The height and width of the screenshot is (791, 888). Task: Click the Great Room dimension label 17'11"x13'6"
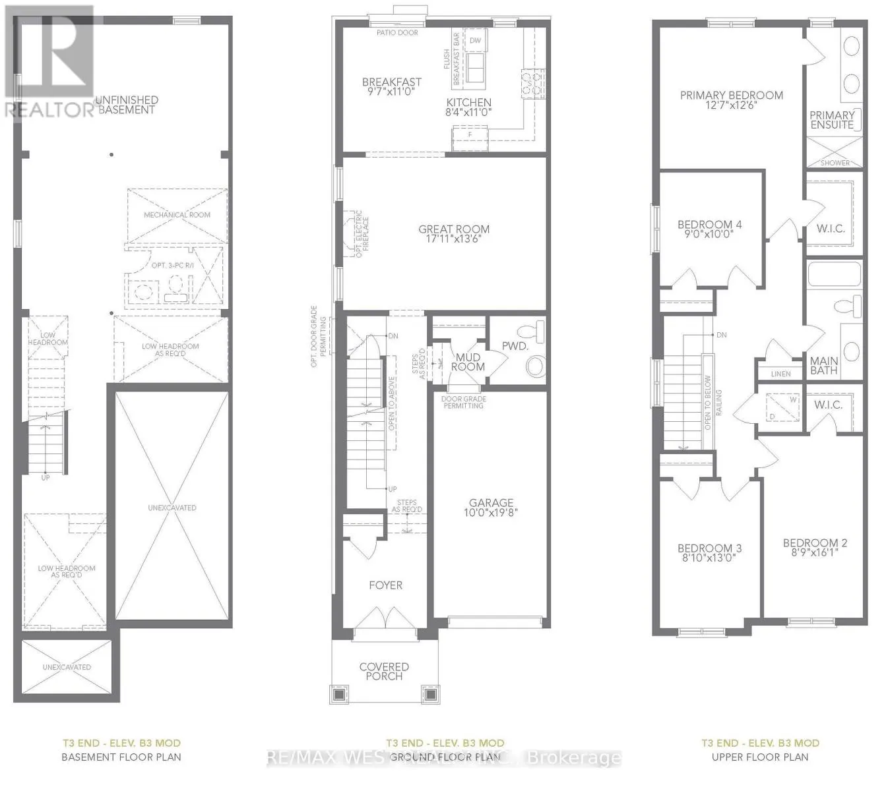(x=454, y=239)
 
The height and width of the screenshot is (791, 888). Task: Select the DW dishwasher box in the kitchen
(x=475, y=40)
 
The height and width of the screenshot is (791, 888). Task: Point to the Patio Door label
(x=397, y=32)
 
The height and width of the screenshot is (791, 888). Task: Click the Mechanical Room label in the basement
(x=177, y=215)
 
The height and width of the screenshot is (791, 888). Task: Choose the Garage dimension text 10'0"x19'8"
(x=491, y=512)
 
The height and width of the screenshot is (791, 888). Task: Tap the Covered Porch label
(x=384, y=671)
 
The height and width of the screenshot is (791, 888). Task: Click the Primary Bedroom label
(x=731, y=96)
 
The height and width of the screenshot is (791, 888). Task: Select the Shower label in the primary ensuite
(x=835, y=163)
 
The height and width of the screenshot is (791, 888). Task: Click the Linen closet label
(x=780, y=374)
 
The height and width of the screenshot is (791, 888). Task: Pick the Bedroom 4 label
(x=709, y=225)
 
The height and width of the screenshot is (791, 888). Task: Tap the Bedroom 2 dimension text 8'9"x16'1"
(x=815, y=553)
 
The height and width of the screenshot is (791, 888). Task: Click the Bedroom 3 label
(x=709, y=548)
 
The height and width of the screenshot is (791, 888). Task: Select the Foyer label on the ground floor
(x=385, y=585)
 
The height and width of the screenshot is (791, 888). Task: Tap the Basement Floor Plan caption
(x=121, y=757)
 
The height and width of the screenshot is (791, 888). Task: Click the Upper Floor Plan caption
(x=760, y=757)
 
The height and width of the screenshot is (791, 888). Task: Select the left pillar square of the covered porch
(x=338, y=695)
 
